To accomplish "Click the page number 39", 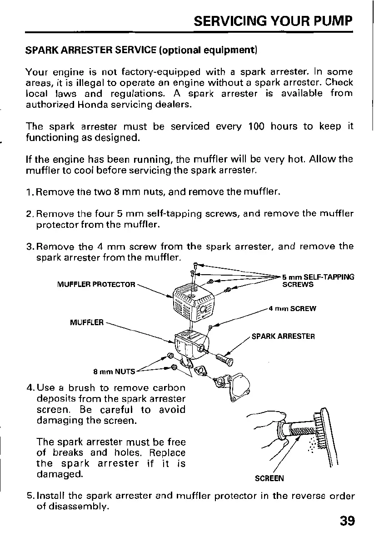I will point(346,520).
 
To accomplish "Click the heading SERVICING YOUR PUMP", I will point(273,21).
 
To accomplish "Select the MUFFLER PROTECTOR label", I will point(96,285).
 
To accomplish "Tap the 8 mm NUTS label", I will point(114,371).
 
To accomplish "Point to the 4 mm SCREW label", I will point(292,308).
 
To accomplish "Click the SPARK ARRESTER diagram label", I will point(283,337).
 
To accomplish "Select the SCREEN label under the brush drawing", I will point(269,478).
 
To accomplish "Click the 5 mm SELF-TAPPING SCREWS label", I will point(318,281).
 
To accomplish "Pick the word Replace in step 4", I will point(166,453).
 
